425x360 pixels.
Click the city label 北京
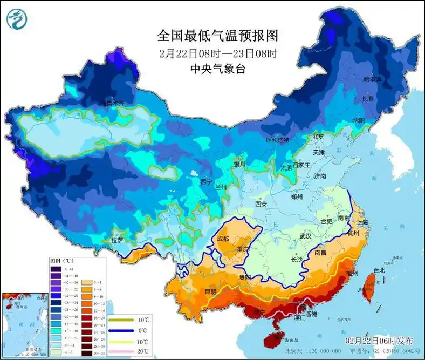point(319,137)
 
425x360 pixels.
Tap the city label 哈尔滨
point(372,79)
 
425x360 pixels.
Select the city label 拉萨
point(118,240)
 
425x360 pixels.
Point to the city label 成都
point(222,239)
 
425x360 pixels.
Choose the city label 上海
point(362,222)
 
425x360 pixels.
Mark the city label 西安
point(261,205)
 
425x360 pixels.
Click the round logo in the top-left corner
point(17,20)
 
